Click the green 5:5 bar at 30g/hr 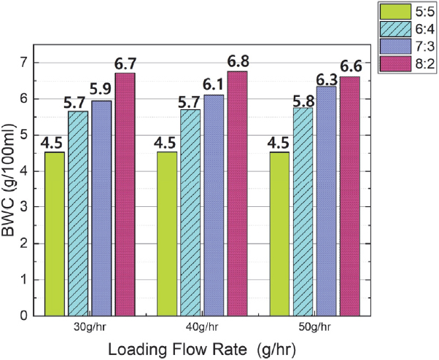pyautogui.click(x=55, y=233)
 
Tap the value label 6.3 pyautogui.click(x=326, y=78)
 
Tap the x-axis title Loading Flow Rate pyautogui.click(x=201, y=349)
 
